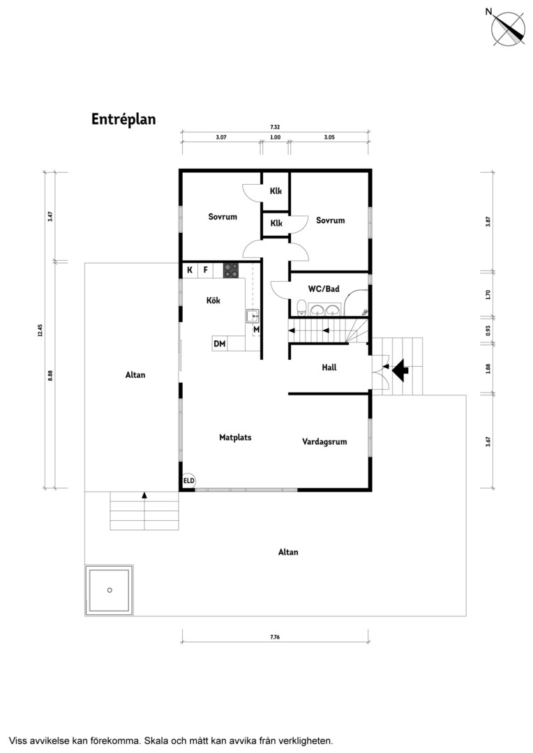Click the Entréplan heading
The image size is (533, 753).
(x=123, y=119)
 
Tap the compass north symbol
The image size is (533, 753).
(x=507, y=28)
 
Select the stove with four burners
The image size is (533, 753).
(x=231, y=271)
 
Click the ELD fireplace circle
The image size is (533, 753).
(x=188, y=480)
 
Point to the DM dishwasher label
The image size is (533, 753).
(x=220, y=344)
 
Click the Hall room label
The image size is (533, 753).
(x=329, y=367)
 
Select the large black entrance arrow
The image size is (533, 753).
(x=400, y=370)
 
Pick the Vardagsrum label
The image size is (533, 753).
(x=324, y=442)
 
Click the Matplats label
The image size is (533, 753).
(x=235, y=437)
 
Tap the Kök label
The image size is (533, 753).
(x=213, y=300)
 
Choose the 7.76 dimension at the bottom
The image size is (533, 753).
(x=275, y=637)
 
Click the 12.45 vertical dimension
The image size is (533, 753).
(x=40, y=330)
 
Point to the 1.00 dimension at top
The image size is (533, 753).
(x=276, y=137)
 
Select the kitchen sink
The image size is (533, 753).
(x=253, y=317)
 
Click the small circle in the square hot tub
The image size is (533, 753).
(x=110, y=591)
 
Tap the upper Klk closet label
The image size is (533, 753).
(x=276, y=191)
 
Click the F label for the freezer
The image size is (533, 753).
(x=205, y=270)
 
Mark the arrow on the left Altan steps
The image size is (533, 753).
(x=144, y=495)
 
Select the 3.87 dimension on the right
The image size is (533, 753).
(x=488, y=222)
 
